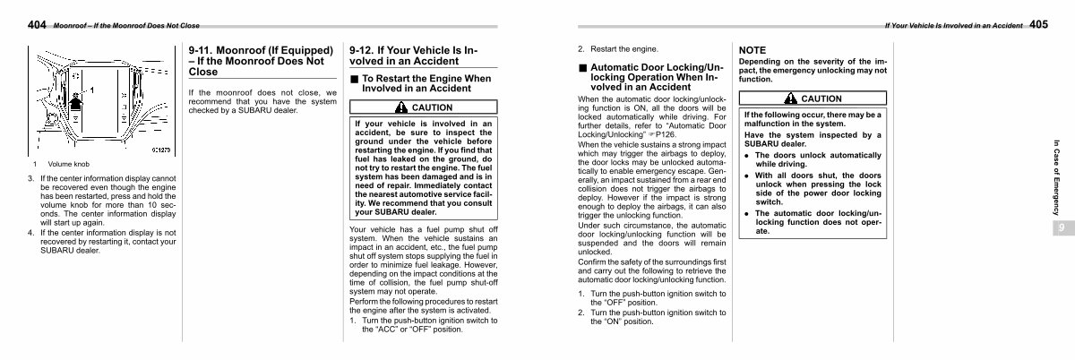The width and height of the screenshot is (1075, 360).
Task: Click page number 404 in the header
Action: (37, 25)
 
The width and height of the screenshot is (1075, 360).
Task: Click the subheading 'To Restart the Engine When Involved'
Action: (426, 83)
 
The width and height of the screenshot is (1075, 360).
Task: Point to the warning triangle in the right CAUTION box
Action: (791, 98)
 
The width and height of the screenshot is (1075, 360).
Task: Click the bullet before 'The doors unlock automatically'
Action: (747, 155)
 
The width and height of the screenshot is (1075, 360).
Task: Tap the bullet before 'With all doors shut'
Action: (747, 176)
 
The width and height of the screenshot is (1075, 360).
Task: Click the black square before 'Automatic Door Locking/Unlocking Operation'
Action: (582, 67)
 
